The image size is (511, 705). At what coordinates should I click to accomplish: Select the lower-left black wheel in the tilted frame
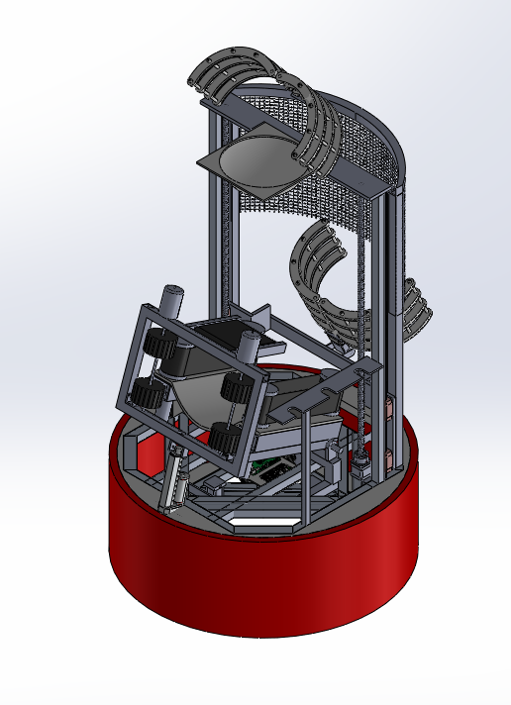149,393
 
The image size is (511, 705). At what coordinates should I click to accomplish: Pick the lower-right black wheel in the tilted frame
224,435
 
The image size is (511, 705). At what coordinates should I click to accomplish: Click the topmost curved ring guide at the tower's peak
230,69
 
